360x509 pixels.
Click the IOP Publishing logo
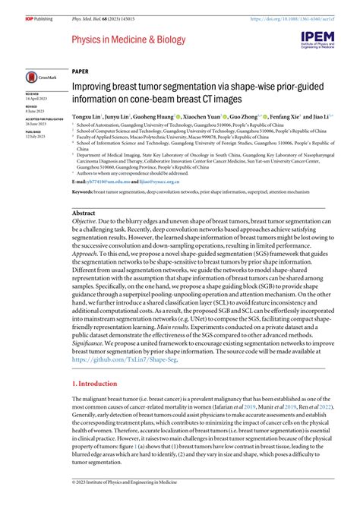18,8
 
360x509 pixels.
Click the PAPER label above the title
80,69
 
